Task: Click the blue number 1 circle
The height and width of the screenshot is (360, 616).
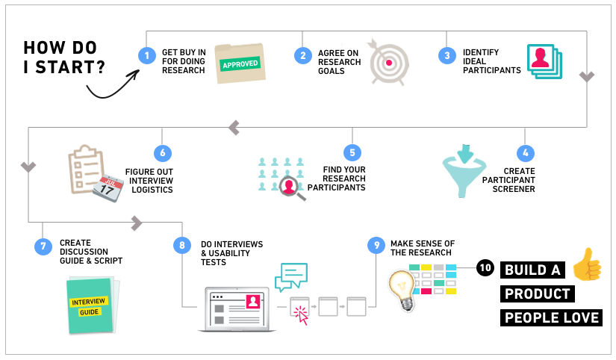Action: [148, 55]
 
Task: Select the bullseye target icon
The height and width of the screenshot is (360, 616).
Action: [388, 62]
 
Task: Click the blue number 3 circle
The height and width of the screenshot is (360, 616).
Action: [447, 55]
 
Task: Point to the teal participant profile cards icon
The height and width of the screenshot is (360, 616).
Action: [544, 63]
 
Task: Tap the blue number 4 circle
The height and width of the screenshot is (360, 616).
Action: [526, 153]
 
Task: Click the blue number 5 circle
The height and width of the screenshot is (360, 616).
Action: [352, 153]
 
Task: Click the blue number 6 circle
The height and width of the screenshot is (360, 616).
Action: [162, 153]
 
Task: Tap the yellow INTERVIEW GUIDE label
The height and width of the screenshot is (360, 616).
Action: [90, 305]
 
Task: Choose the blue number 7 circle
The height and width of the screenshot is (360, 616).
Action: [43, 246]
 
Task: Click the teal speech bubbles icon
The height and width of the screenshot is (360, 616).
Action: [290, 276]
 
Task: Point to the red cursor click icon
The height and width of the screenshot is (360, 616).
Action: [301, 314]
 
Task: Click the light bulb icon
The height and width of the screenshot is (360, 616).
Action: [401, 290]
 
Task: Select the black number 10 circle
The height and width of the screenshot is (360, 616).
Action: [485, 269]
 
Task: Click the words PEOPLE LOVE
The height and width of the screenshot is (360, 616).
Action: [552, 318]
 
